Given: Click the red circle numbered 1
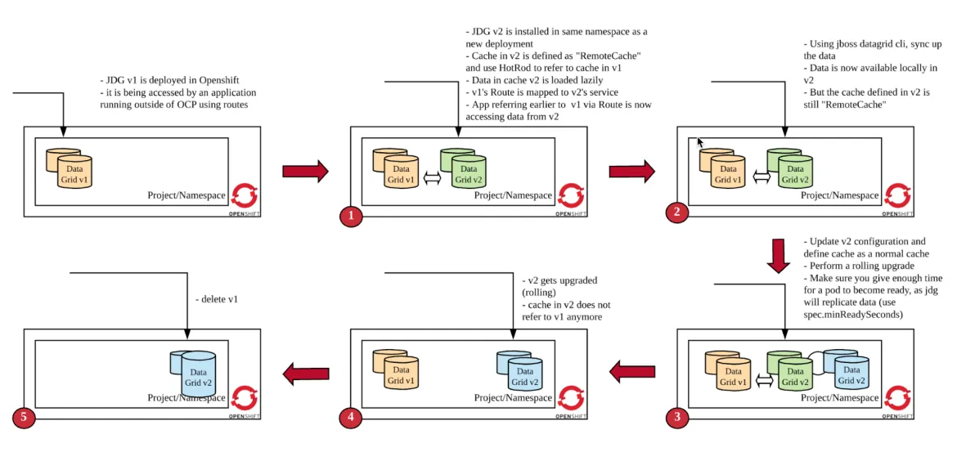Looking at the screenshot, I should [350, 216].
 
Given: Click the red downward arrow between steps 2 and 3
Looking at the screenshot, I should [780, 256].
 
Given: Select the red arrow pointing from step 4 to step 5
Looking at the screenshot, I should [305, 374].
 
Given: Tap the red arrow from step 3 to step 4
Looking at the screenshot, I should [632, 373].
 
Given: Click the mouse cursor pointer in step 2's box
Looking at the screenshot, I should [700, 142].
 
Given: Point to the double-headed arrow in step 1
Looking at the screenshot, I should [431, 177].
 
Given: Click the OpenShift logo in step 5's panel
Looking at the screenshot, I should [244, 398].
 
